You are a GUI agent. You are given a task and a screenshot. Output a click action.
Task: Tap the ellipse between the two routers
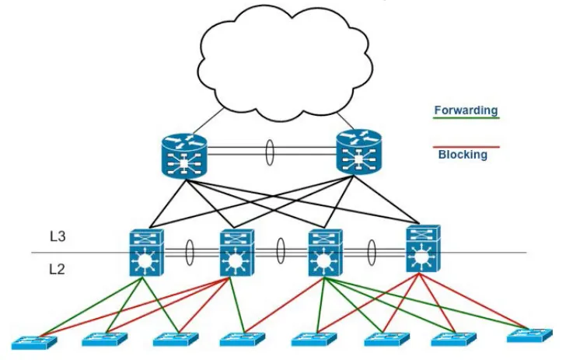(269, 152)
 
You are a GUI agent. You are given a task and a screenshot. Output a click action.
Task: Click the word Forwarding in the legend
(466, 110)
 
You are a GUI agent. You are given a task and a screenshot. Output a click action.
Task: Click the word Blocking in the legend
(463, 155)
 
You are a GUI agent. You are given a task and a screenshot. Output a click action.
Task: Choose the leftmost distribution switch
(145, 252)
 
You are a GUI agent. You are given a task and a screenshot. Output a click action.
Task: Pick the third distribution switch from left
(322, 252)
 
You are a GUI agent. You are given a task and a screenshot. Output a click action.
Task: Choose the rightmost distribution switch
(421, 249)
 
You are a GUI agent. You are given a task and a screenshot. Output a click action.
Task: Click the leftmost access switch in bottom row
(34, 341)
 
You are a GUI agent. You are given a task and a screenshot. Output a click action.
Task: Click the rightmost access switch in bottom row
(530, 336)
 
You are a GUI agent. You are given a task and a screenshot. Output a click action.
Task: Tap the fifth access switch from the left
(313, 340)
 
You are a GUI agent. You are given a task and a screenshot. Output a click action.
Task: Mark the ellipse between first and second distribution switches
(189, 253)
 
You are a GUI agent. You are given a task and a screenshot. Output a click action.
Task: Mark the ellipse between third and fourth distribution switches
(372, 252)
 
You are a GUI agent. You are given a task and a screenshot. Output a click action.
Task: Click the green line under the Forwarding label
(466, 119)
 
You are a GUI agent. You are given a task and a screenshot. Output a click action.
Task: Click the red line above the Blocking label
(466, 145)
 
